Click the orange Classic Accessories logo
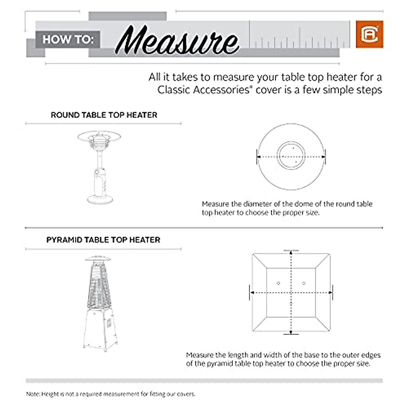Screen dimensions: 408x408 pos(369,34)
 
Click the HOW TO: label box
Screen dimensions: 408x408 pos(68,39)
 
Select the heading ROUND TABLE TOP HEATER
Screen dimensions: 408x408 pos(104,115)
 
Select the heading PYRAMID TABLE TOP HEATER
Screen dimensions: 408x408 pos(103,240)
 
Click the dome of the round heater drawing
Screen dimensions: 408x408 pos(99,136)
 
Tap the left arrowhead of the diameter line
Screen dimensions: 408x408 pos(258,157)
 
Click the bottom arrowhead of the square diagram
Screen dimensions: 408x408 pos(291,332)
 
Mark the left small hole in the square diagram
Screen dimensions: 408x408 pos(278,283)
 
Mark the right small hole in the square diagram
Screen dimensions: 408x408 pos(304,283)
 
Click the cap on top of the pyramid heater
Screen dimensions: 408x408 pos(98,258)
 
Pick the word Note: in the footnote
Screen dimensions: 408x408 pos(33,394)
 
